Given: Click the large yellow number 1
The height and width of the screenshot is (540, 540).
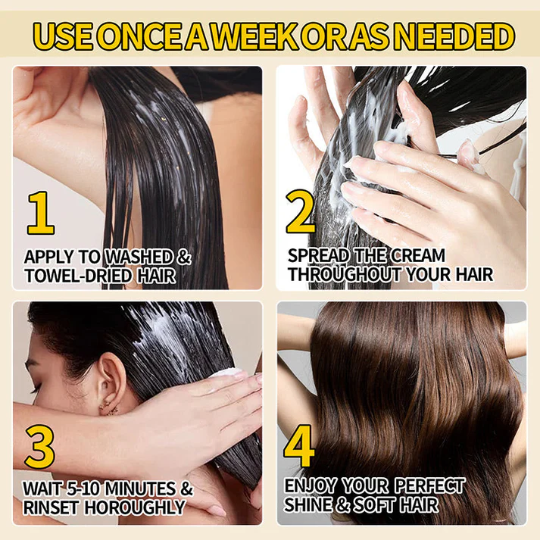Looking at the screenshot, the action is click(41, 213).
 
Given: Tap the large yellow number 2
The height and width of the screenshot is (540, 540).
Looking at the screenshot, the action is click(301, 212).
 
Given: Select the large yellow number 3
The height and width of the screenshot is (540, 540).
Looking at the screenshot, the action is click(39, 447).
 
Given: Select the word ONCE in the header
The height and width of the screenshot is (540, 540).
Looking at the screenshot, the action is click(141, 36).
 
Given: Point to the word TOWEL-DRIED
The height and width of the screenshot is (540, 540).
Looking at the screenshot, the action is click(78, 276).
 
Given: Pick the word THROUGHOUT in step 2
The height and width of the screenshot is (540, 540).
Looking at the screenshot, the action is click(345, 274).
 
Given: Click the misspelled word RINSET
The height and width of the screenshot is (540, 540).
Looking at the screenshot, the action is click(51, 507).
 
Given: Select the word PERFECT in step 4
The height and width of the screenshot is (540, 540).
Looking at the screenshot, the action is click(429, 486).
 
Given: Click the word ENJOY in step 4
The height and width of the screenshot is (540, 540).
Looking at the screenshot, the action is click(310, 486).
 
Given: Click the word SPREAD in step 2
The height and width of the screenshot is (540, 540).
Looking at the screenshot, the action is click(319, 256).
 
